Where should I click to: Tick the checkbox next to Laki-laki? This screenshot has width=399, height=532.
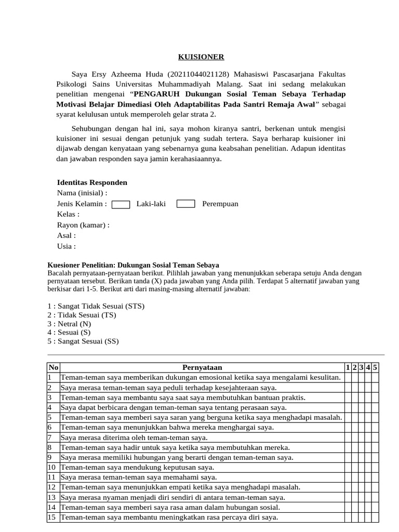(121, 204)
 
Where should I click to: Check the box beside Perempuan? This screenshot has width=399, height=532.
(185, 204)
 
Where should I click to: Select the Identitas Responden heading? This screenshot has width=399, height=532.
(92, 182)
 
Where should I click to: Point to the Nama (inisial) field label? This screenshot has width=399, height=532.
(82, 193)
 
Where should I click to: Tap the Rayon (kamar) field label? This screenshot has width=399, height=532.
(83, 225)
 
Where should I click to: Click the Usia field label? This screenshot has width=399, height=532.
(66, 246)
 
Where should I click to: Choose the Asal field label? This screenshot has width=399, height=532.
(66, 235)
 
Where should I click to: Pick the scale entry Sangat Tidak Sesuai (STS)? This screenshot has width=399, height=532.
(96, 306)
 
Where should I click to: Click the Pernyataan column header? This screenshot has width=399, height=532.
(202, 368)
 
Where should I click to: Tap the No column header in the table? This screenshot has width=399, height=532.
(53, 368)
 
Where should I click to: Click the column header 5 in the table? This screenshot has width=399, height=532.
(375, 368)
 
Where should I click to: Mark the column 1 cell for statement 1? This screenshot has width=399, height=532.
(348, 377)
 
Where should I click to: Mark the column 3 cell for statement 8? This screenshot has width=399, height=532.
(361, 447)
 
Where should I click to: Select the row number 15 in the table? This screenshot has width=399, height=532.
(51, 517)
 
